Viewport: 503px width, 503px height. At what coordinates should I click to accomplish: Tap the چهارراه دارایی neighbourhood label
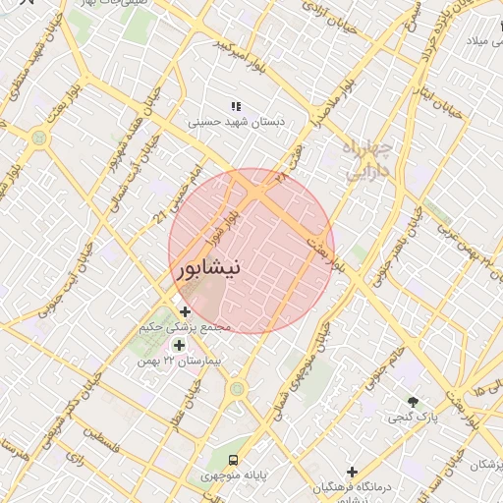pos(368,158)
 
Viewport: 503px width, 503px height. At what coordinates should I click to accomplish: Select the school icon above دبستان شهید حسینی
pos(235,105)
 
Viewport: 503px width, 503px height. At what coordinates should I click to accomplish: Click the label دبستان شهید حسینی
pos(237,123)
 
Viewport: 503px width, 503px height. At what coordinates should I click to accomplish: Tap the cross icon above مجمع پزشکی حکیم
pos(186,311)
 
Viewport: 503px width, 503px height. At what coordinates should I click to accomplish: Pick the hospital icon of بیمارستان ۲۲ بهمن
pos(178,345)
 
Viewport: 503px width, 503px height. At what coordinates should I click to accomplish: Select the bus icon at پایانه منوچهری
pos(233,460)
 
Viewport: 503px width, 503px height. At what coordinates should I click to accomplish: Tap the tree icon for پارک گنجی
pos(413,402)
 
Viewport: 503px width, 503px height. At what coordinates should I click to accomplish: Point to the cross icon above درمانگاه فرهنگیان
pos(352,473)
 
